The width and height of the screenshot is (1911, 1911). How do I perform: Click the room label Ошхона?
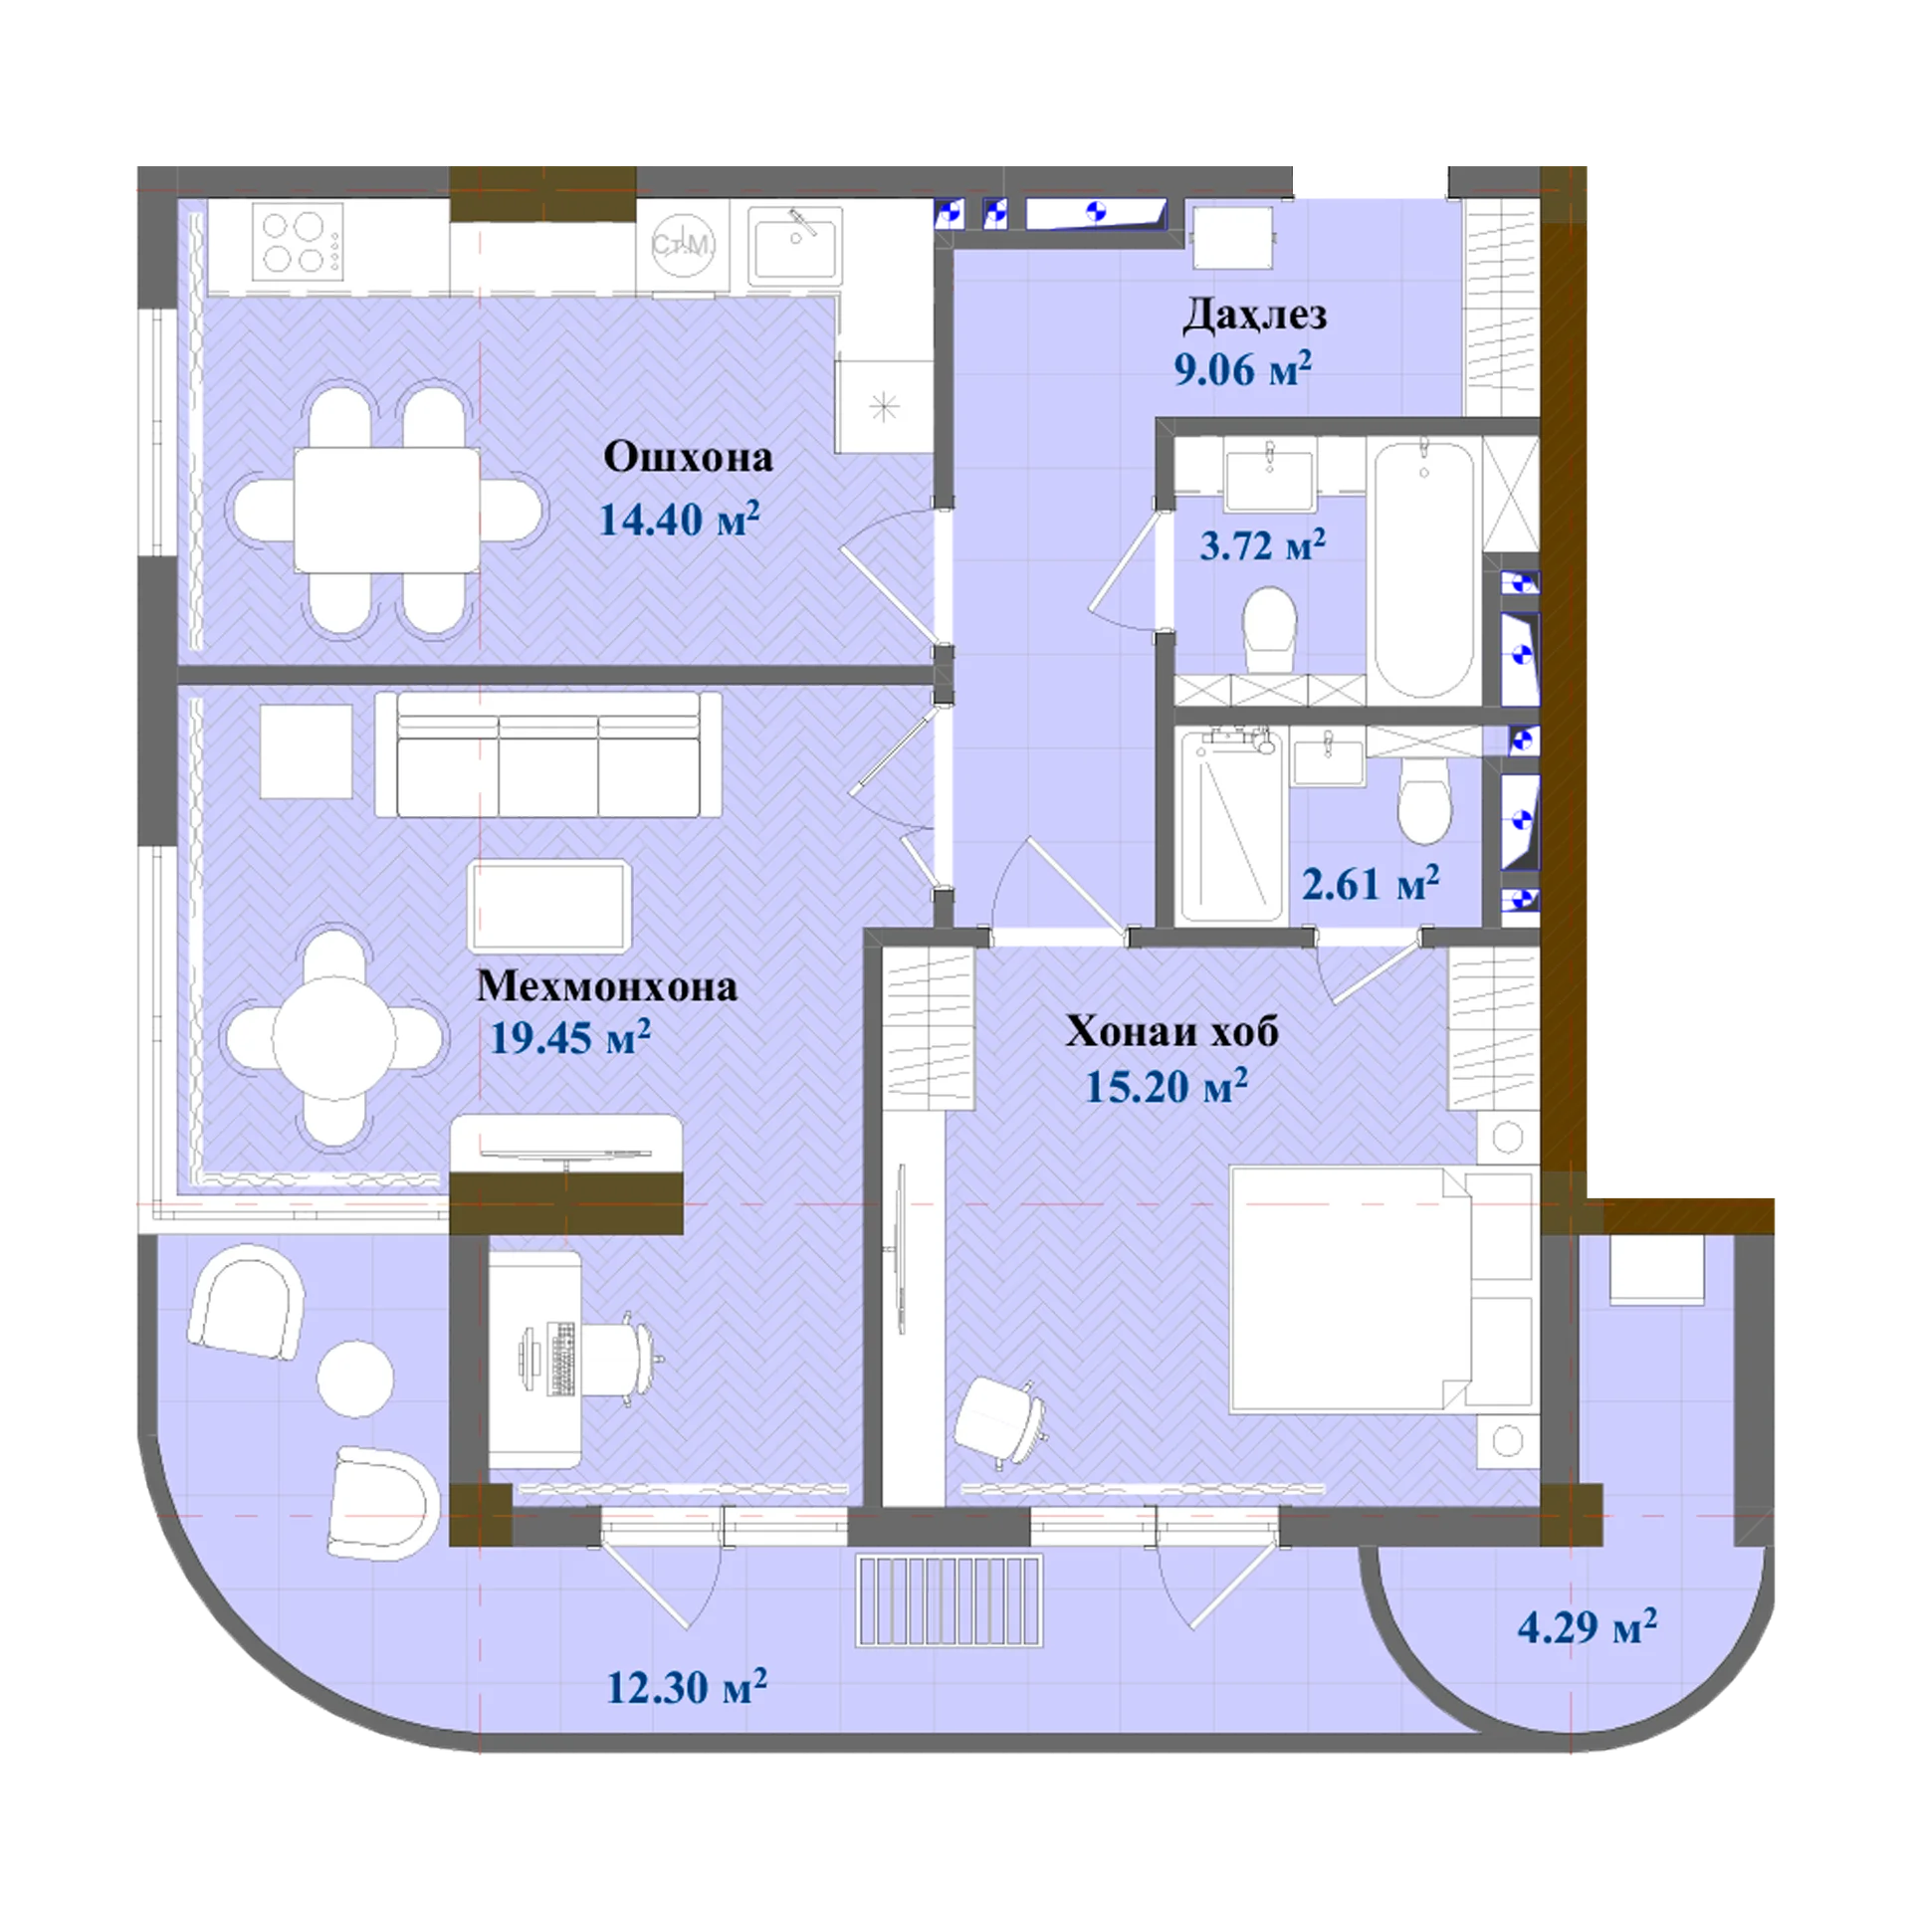[x=688, y=457]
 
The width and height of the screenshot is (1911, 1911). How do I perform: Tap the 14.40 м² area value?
[x=679, y=518]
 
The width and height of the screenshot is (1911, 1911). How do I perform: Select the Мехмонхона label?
[x=606, y=985]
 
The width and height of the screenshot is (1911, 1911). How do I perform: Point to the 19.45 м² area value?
[x=570, y=1037]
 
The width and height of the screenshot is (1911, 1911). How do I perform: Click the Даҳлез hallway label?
[x=1254, y=315]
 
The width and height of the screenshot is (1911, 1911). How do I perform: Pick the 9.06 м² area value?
[x=1242, y=368]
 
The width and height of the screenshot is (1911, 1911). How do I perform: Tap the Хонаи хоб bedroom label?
[x=1171, y=1031]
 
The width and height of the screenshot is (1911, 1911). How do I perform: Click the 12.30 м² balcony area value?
[x=687, y=1686]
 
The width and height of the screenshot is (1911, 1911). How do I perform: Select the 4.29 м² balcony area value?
[x=1587, y=1626]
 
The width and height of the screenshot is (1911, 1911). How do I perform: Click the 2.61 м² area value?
[x=1371, y=882]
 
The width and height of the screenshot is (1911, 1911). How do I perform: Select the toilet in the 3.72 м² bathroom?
[x=1269, y=628]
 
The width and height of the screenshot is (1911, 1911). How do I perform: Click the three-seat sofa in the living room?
[x=548, y=754]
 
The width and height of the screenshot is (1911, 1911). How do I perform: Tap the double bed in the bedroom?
[x=1380, y=1289]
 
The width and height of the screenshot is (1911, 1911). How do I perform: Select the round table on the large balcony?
[x=355, y=1379]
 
